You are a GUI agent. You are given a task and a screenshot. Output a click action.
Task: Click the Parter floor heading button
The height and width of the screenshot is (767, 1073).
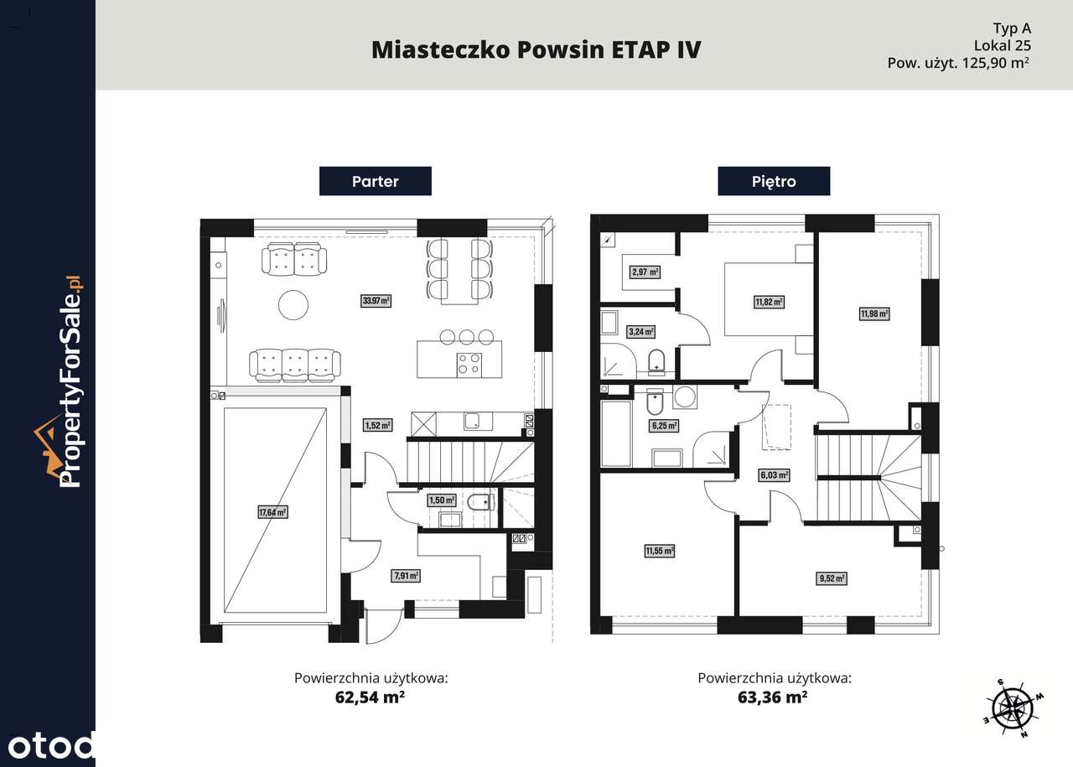tap(375, 181)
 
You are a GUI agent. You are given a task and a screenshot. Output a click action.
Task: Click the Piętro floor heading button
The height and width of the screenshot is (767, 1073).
tap(773, 181)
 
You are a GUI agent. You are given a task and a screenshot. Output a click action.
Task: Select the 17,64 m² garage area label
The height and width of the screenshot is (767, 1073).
tap(272, 511)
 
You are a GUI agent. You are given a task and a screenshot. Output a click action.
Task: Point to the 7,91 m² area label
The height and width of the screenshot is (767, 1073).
tap(405, 576)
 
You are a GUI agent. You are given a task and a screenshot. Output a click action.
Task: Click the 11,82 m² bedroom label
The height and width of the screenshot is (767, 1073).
tap(768, 302)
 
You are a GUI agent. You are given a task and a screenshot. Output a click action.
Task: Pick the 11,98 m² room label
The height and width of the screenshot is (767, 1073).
tap(873, 314)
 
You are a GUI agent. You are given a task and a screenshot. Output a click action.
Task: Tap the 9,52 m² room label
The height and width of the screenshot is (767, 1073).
tap(831, 578)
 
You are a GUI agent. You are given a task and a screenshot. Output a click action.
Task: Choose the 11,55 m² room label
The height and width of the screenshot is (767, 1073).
tap(660, 551)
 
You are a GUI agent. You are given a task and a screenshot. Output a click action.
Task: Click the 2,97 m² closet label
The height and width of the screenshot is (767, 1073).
tap(645, 272)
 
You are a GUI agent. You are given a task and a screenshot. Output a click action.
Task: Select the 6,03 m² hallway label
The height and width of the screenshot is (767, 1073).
tap(775, 475)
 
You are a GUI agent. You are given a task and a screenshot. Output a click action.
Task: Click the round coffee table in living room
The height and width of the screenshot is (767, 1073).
tap(294, 304)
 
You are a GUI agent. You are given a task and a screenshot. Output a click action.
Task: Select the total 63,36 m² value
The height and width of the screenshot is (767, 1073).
tap(773, 697)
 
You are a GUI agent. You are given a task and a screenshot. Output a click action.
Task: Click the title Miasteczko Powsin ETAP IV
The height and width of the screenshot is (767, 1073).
tap(536, 49)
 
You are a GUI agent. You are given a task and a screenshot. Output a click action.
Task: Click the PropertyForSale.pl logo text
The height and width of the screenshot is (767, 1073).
tap(72, 381)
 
